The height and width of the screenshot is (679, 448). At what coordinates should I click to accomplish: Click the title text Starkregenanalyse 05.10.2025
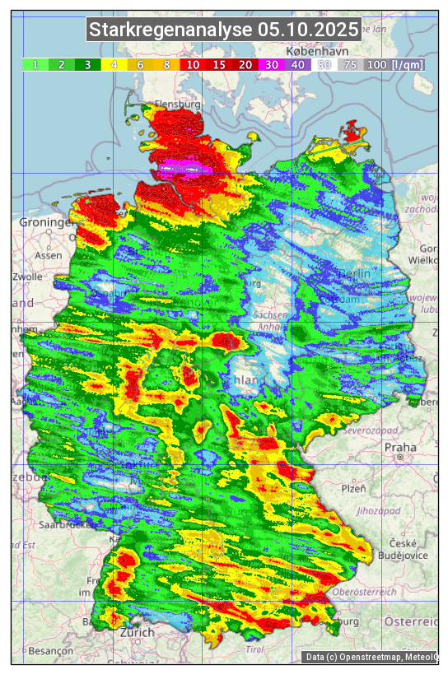(x=224, y=30)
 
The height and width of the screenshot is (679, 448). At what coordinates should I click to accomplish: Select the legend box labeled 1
(x=35, y=64)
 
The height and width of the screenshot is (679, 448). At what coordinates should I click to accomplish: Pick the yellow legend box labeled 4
(x=114, y=64)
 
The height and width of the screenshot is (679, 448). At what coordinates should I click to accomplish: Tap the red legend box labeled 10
(x=193, y=64)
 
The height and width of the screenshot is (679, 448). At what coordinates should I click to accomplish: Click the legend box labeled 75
(x=350, y=64)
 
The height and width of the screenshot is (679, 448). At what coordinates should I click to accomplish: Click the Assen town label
(x=49, y=255)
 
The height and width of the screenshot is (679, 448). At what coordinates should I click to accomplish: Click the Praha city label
(x=400, y=448)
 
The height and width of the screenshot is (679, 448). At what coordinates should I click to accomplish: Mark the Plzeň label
(x=353, y=488)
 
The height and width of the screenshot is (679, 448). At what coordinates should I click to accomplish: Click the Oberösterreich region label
(x=365, y=592)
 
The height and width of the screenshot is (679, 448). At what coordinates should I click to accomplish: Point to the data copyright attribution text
(x=371, y=657)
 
